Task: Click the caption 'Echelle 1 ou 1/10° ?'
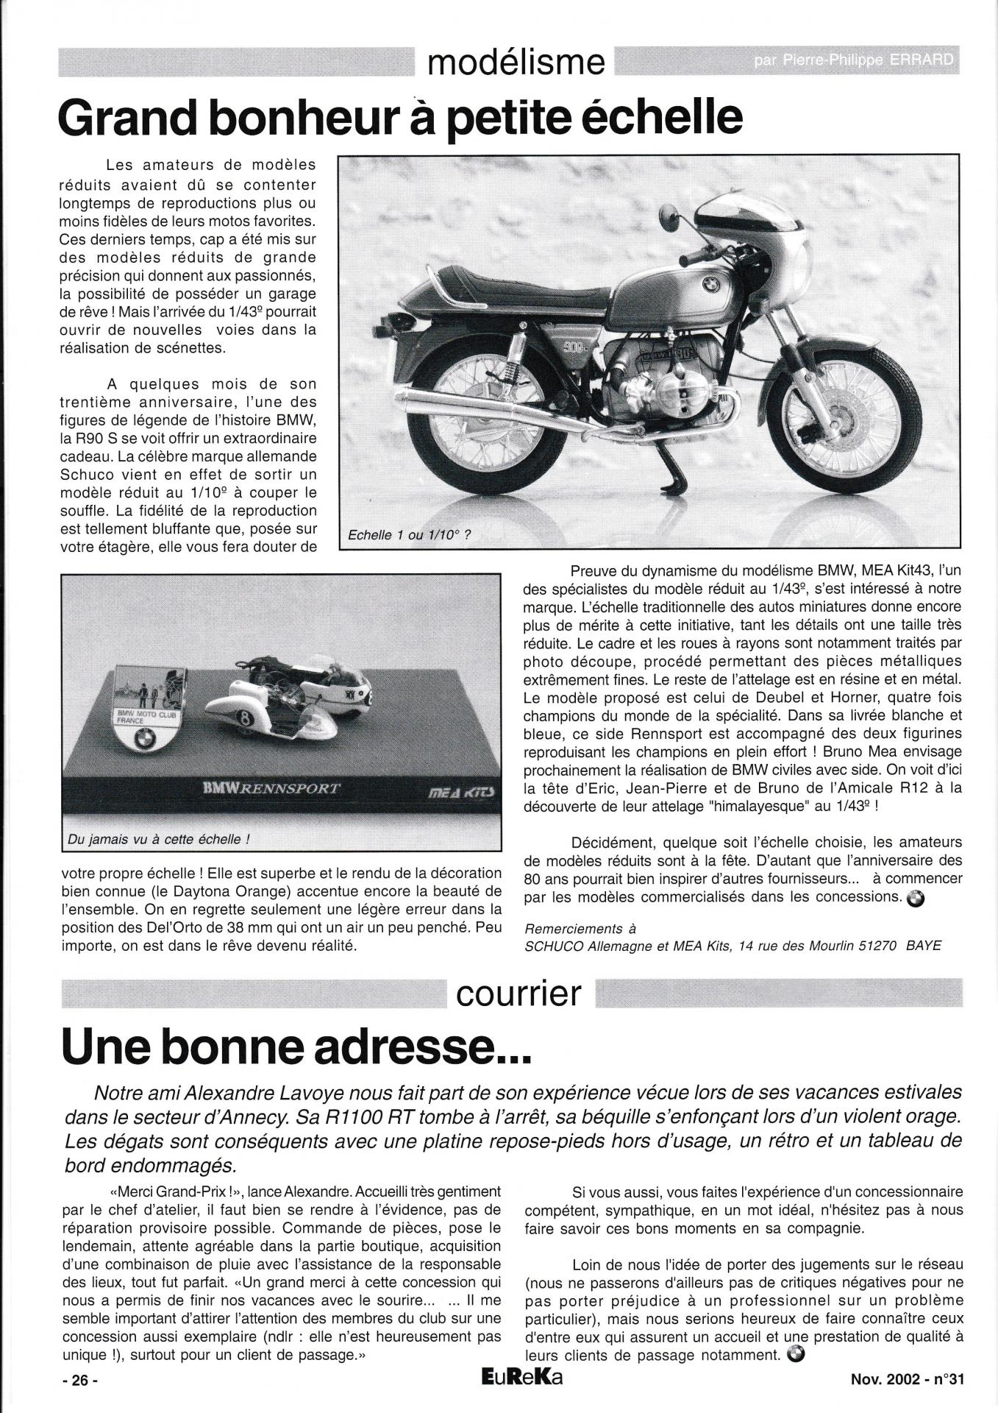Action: tap(409, 536)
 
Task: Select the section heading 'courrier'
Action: tap(518, 995)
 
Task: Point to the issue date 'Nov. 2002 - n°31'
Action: tap(902, 1381)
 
